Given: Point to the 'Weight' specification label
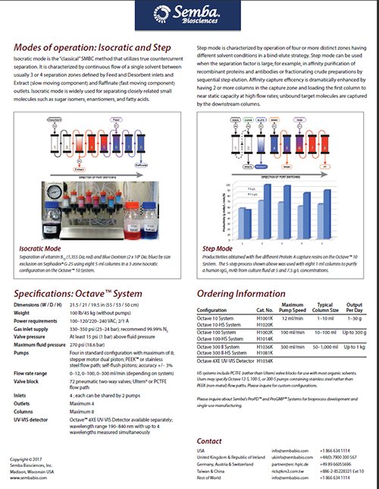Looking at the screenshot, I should click(x=23, y=311).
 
